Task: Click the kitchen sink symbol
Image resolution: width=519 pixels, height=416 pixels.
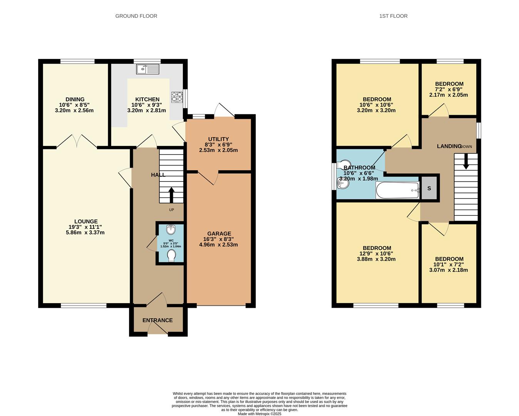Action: tap(147, 69)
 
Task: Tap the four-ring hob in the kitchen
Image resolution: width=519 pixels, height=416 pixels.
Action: tap(177, 97)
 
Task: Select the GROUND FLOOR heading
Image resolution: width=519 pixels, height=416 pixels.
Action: tap(136, 16)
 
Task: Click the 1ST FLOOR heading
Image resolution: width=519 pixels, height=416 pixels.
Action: tap(393, 16)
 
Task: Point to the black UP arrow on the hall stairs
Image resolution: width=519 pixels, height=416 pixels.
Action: tap(171, 195)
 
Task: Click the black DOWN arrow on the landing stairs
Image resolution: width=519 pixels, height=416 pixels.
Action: tap(466, 161)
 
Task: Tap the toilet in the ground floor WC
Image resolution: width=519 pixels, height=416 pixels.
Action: tap(171, 255)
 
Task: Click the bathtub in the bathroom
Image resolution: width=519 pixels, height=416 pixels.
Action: tap(397, 190)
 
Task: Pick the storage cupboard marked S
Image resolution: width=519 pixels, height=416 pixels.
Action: tap(429, 188)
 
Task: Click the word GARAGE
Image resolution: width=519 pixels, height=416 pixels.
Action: tap(219, 233)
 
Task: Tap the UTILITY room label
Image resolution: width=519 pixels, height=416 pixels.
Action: tap(219, 139)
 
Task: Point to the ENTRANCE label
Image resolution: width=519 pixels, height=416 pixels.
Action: tap(157, 320)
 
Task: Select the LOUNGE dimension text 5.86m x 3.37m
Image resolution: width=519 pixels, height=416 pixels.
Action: tap(85, 233)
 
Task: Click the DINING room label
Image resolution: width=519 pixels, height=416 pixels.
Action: tap(75, 99)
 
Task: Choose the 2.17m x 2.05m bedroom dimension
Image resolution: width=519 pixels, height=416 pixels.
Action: tap(449, 95)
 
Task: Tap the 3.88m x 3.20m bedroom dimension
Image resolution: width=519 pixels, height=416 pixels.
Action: tap(376, 259)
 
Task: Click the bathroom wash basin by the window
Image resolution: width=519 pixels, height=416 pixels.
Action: tap(343, 185)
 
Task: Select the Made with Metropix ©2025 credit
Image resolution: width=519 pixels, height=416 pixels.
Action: tap(259, 414)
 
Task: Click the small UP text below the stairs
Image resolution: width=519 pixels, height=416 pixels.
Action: tap(171, 210)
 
